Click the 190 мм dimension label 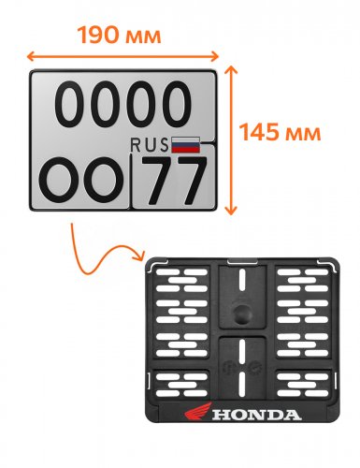pos(120,35)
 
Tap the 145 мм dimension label pos(280,132)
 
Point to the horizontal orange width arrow pos(122,56)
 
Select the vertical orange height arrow pos(230,140)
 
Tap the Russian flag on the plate pos(185,145)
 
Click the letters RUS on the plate pos(150,145)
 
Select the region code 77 pos(173,181)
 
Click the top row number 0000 pos(122,104)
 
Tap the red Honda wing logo pos(198,411)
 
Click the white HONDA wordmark pos(257,415)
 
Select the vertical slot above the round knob pos(242,280)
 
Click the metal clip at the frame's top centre pos(242,261)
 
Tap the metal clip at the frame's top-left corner pos(159,264)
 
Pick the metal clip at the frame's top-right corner pos(328,264)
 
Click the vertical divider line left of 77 pos(131,181)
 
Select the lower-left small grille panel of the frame pos(180,385)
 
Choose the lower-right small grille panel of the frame pos(303,385)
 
